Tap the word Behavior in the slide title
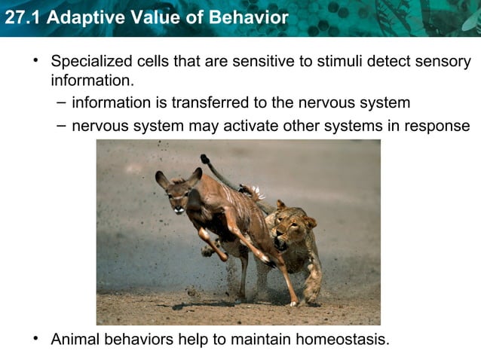(249, 17)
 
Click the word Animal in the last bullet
(76, 339)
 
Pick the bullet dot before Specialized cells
(35, 60)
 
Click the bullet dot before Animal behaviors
(35, 338)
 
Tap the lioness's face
(286, 230)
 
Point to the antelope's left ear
(161, 179)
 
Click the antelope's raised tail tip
(204, 159)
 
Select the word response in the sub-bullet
(437, 126)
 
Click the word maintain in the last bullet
(262, 339)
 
